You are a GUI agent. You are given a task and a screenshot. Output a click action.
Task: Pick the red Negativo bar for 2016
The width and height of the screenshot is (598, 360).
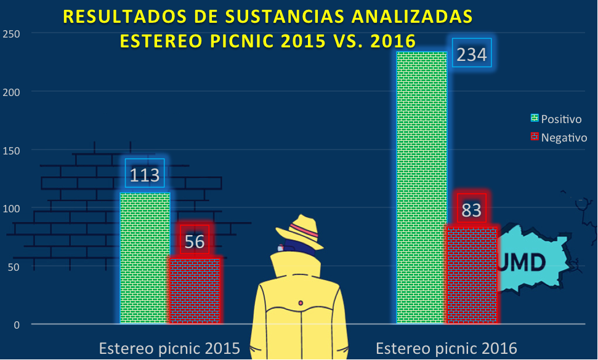click(x=471, y=274)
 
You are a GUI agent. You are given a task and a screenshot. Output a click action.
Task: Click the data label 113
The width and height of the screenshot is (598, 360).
click(x=145, y=175)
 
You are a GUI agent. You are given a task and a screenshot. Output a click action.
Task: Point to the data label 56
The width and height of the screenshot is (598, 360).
click(x=195, y=241)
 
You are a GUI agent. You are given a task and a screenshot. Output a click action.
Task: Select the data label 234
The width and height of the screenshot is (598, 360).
click(x=472, y=55)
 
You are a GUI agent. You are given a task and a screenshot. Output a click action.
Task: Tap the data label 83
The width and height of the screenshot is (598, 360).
click(x=471, y=210)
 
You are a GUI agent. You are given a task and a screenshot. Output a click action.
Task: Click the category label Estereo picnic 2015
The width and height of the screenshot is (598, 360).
click(x=169, y=348)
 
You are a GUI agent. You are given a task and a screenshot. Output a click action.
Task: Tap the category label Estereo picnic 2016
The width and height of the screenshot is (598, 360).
click(x=446, y=348)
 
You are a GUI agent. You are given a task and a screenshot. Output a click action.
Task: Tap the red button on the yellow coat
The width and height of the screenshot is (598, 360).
click(x=301, y=303)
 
